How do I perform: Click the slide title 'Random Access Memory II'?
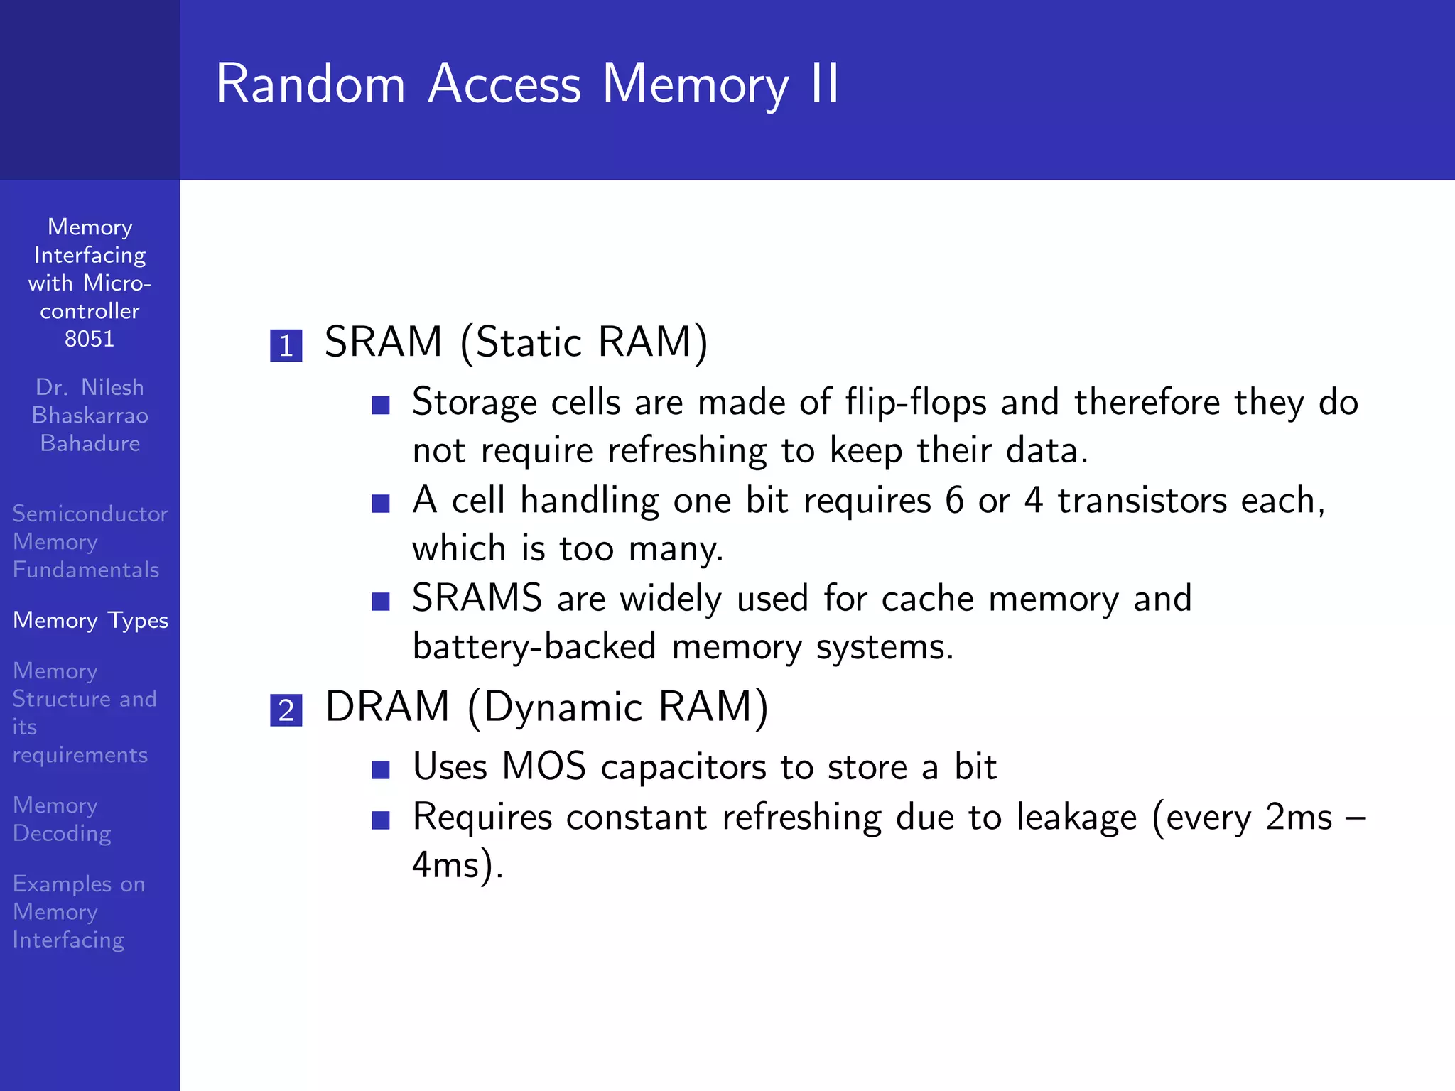[527, 85]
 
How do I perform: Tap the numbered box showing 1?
[286, 346]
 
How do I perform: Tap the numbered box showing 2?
[286, 710]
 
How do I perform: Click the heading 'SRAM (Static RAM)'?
[516, 342]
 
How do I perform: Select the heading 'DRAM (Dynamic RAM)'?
[546, 707]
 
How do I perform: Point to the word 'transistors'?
[1142, 500]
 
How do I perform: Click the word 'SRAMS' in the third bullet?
[477, 598]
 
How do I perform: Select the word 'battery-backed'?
[534, 647]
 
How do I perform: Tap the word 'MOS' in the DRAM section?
[543, 767]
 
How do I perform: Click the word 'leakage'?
[1076, 818]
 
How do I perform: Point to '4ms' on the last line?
[446, 865]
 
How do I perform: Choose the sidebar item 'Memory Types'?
[90, 620]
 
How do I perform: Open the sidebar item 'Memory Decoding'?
[62, 819]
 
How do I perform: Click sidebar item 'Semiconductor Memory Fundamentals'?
[90, 541]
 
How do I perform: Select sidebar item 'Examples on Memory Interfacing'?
[78, 911]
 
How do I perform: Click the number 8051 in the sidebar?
[90, 339]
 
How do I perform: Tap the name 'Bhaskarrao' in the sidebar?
[90, 415]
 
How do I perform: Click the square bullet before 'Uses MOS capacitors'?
[381, 770]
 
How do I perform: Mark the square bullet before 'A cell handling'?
[381, 504]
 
